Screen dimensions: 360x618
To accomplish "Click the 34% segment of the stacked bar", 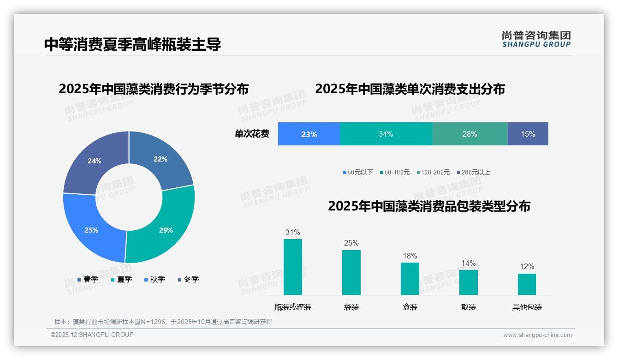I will coord(386,134).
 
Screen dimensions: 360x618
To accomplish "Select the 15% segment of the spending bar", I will coord(528,134).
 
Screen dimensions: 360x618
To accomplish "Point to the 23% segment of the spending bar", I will coord(309,134).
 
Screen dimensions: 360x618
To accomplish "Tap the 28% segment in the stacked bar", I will coord(469,134).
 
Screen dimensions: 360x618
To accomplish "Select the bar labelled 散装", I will coord(469,282).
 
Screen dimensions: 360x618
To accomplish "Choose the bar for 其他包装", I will coord(527,284).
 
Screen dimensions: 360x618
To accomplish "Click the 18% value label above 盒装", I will coord(410,256).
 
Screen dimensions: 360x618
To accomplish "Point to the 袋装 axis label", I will coord(351,307).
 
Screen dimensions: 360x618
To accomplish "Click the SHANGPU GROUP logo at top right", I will coord(536,39).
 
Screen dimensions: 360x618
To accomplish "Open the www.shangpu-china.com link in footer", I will coord(537,335).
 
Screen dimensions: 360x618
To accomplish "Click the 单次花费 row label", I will coord(252,134).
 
